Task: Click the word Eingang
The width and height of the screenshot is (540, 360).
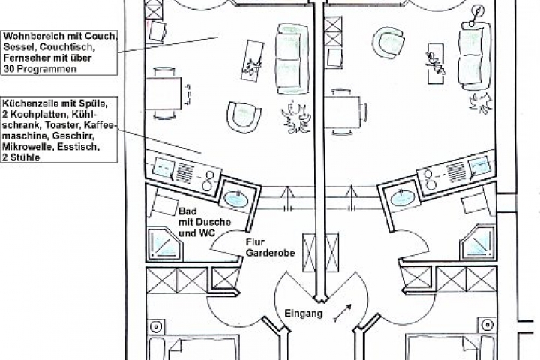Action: [x=304, y=313]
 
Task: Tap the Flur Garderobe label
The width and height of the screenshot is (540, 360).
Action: [x=270, y=247]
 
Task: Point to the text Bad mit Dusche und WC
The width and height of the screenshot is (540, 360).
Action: [x=205, y=222]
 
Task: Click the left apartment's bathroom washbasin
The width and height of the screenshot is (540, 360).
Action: [x=236, y=199]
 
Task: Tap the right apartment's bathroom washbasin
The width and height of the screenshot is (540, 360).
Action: [x=403, y=198]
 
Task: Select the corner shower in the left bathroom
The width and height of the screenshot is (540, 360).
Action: [x=164, y=243]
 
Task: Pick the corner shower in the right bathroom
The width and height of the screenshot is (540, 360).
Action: [x=478, y=242]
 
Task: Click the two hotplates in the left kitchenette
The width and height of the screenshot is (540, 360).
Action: [x=208, y=180]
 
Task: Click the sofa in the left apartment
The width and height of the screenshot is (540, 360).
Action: [x=292, y=58]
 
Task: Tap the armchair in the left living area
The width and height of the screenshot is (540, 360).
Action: [x=244, y=117]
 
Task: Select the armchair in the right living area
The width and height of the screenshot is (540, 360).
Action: [x=388, y=43]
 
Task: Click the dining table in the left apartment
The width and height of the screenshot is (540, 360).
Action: [x=163, y=93]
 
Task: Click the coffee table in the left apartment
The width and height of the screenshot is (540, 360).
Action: [x=252, y=61]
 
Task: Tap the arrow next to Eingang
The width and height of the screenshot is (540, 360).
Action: [x=343, y=313]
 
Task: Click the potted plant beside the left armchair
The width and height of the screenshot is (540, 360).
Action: [x=296, y=117]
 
